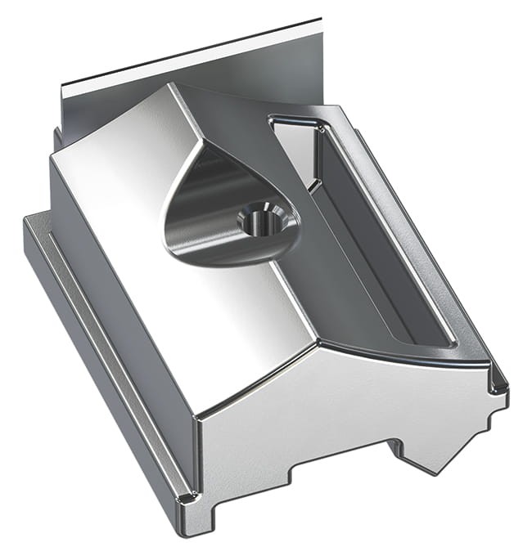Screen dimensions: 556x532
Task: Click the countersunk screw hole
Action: tap(261, 218)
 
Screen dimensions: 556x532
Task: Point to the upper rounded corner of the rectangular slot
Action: tap(278, 123)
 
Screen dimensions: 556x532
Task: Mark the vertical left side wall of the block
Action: tap(123, 303)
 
